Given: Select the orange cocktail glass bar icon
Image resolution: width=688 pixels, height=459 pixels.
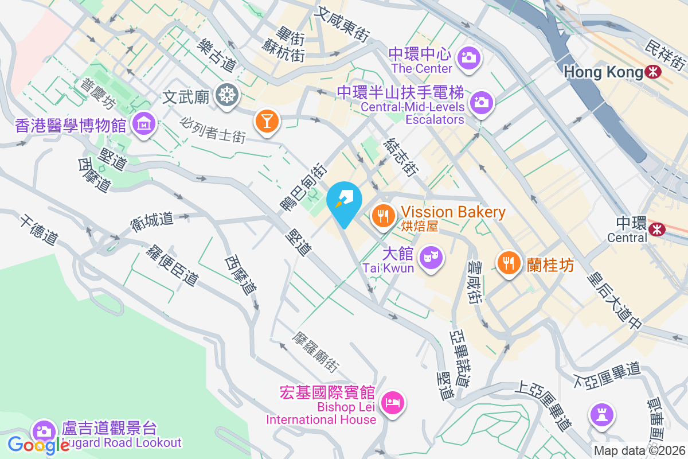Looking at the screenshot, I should pyautogui.click(x=267, y=121).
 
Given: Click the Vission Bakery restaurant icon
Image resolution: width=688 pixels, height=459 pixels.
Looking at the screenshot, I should pyautogui.click(x=382, y=216).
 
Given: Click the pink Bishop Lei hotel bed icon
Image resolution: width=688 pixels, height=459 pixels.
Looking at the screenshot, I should pyautogui.click(x=393, y=402).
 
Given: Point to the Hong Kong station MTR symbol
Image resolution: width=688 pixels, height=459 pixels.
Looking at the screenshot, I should pyautogui.click(x=652, y=72).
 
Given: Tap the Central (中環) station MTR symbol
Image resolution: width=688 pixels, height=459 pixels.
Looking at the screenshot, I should pyautogui.click(x=657, y=229).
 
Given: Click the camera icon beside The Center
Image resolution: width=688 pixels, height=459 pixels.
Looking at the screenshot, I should pyautogui.click(x=469, y=57).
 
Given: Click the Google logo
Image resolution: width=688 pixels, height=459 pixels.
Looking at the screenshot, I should pyautogui.click(x=39, y=445).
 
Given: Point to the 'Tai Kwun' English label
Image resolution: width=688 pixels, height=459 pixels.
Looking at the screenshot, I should pyautogui.click(x=388, y=268).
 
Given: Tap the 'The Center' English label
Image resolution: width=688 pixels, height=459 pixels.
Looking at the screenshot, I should pyautogui.click(x=422, y=68).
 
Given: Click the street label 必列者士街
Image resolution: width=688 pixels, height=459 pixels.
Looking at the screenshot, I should pyautogui.click(x=213, y=130).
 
